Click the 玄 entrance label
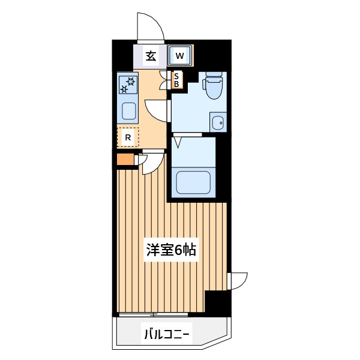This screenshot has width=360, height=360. pyautogui.click(x=151, y=56)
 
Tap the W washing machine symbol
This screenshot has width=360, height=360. pyautogui.click(x=180, y=55)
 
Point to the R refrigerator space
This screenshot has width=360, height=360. pyautogui.click(x=128, y=137)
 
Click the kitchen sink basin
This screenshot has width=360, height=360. pyautogui.click(x=128, y=111)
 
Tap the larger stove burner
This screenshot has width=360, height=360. pyautogui.click(x=131, y=81)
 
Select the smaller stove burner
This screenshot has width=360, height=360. pyautogui.click(x=124, y=89)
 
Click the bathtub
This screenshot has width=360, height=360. pyautogui.click(x=193, y=182)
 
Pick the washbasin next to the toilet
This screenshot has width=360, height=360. pyautogui.click(x=218, y=122)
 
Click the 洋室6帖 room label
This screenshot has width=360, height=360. pyautogui.click(x=171, y=250)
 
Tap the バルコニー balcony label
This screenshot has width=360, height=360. pyautogui.click(x=167, y=335)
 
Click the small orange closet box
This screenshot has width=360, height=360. pyautogui.click(x=125, y=159)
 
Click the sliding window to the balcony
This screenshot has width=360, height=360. pyautogui.click(x=153, y=314)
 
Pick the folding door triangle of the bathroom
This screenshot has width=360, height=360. pyautogui.click(x=178, y=142)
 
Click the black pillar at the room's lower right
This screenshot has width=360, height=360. pyautogui.click(x=218, y=302)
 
